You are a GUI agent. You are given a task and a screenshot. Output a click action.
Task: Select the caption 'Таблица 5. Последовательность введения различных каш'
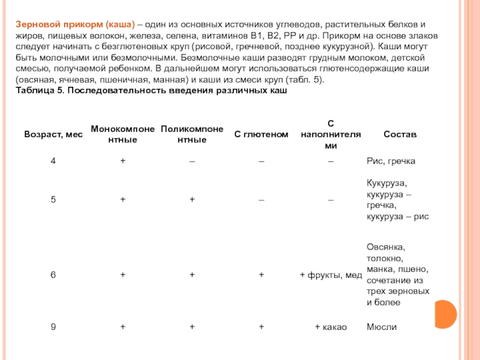(x=151, y=91)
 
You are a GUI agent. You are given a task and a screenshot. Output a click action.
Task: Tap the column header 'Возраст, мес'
(x=53, y=134)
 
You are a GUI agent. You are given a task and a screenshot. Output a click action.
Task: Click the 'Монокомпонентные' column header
(x=122, y=134)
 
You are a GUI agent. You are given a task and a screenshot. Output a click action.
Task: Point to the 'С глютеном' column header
(x=261, y=134)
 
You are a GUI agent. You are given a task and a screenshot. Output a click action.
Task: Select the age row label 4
(x=53, y=162)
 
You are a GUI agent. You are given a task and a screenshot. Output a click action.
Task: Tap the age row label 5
(x=53, y=200)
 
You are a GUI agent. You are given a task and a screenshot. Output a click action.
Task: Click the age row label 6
(x=53, y=275)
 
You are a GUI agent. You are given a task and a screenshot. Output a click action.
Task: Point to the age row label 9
(x=53, y=327)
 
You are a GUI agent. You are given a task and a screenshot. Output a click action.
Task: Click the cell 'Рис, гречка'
(x=391, y=162)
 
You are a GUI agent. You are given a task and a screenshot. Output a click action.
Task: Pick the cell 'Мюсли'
(x=382, y=327)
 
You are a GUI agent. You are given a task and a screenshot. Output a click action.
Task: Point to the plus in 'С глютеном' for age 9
(x=261, y=327)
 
